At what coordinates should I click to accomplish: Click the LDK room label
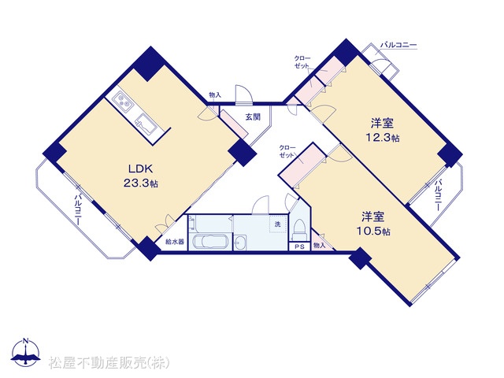point(140,169)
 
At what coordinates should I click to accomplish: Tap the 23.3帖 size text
point(140,183)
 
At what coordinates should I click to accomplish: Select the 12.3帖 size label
point(383,138)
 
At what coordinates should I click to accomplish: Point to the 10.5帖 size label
point(373,231)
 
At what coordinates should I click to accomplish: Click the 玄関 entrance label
point(253,117)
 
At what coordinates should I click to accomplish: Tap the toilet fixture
point(299,230)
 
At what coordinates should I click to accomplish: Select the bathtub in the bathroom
point(210,241)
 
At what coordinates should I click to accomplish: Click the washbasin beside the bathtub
point(239,242)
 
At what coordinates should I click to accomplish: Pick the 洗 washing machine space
point(278,224)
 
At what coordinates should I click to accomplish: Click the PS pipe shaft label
point(299,246)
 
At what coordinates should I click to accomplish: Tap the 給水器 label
point(175,242)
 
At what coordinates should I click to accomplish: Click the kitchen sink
point(145,124)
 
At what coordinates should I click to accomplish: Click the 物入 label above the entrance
point(215,94)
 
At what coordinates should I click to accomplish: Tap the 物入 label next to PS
point(319,246)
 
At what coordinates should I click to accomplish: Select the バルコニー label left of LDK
point(78,209)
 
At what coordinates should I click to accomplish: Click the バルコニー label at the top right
point(398,46)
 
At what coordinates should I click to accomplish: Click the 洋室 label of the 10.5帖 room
point(373,217)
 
